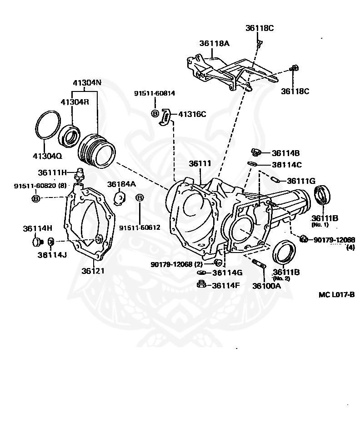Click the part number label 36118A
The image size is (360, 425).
[x=214, y=44]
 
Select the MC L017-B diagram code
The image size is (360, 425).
[x=336, y=294]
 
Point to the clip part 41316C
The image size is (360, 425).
[x=166, y=116]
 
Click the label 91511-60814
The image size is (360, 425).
[x=155, y=93]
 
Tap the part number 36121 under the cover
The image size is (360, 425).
[x=93, y=271]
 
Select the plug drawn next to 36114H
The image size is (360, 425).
[x=37, y=241]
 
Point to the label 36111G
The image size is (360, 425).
[x=301, y=181]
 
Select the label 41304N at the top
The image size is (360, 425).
[x=87, y=83]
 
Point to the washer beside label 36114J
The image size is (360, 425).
[x=51, y=241]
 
